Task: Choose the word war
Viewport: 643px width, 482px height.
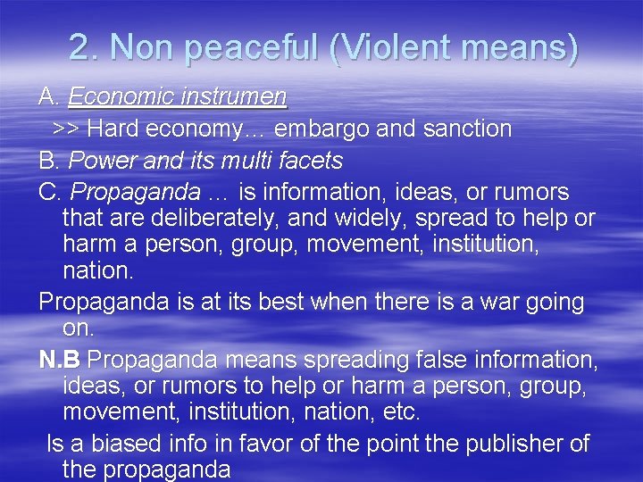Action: click(x=495, y=302)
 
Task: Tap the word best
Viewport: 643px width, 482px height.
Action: click(x=271, y=302)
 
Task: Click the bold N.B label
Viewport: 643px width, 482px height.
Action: click(x=60, y=359)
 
